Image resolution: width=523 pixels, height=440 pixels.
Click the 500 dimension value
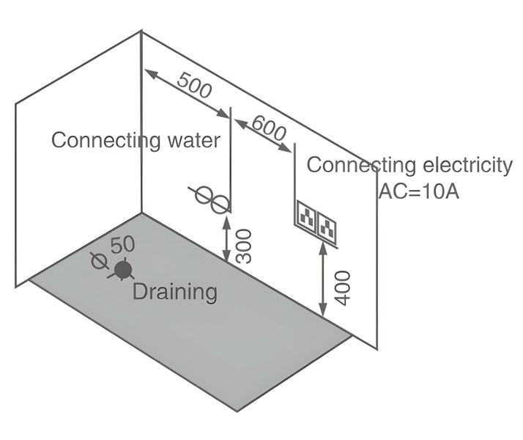(194, 87)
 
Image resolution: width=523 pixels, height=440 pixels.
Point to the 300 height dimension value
(245, 246)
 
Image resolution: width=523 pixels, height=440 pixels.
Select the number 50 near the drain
(122, 246)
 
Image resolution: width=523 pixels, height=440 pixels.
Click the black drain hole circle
(122, 270)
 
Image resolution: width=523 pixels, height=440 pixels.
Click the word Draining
(175, 292)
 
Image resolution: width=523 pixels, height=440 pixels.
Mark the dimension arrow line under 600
(264, 135)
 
